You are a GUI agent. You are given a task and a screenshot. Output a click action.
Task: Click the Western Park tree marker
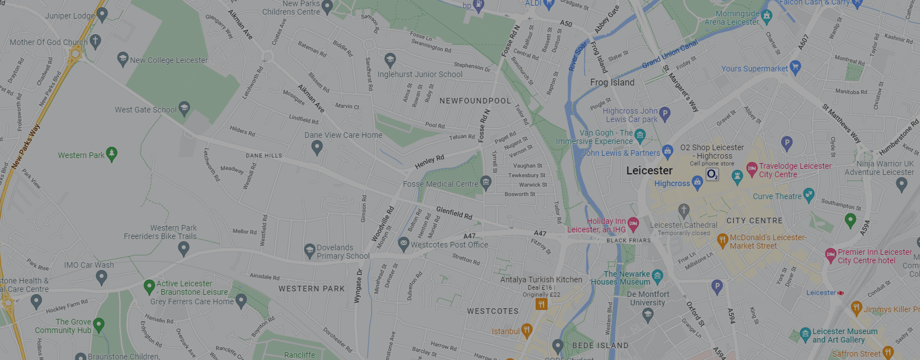(x=111, y=154)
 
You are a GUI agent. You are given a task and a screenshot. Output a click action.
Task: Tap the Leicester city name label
(x=649, y=170)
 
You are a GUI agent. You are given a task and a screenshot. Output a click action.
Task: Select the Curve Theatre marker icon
(x=809, y=195)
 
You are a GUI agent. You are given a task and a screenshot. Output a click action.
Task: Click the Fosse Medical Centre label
(x=440, y=184)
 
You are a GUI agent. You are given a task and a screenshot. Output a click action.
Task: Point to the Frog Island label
(x=612, y=83)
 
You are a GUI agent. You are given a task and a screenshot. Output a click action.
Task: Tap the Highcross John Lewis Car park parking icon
(x=665, y=114)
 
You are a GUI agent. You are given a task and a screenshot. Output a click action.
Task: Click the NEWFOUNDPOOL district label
(x=475, y=101)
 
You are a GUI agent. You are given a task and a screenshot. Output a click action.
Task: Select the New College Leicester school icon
(x=123, y=58)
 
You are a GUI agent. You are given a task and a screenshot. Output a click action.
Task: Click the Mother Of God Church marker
(x=96, y=40)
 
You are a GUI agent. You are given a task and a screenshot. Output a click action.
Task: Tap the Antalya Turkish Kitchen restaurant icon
(x=541, y=304)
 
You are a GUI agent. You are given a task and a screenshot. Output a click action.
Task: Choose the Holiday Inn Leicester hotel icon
(x=633, y=224)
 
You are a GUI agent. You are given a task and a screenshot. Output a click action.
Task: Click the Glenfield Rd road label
(x=454, y=213)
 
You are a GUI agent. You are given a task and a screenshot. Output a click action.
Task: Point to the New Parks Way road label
(x=26, y=146)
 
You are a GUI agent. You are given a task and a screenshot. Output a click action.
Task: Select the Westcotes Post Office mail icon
(x=403, y=244)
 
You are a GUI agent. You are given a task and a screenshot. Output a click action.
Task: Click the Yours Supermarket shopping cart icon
(x=795, y=67)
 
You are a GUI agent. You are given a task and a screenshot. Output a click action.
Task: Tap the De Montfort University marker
(x=648, y=314)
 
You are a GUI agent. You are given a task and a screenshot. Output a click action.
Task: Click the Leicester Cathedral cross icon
(x=684, y=210)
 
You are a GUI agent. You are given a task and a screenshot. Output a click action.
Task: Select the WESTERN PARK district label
(x=311, y=289)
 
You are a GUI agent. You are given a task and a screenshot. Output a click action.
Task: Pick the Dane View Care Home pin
(x=317, y=147)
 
